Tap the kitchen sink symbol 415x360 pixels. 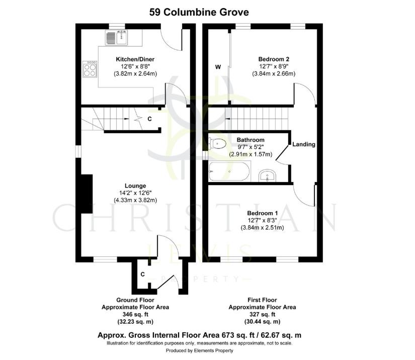click(116, 37)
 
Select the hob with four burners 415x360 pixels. click(90, 69)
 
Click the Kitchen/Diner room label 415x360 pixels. click(135, 58)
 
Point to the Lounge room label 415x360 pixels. click(136, 185)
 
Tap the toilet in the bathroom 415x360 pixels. click(217, 143)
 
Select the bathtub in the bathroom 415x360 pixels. click(229, 171)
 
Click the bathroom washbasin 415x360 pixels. click(267, 176)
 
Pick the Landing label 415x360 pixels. click(304, 144)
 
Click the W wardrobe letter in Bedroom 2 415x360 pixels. click(218, 67)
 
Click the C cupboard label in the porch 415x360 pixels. click(143, 274)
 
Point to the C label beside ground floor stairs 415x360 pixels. click(149, 119)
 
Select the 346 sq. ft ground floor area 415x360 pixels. click(135, 314)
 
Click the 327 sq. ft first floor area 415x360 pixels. click(262, 314)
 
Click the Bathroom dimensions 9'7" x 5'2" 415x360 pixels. click(243, 148)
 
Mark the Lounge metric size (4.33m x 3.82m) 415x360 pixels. click(136, 200)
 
